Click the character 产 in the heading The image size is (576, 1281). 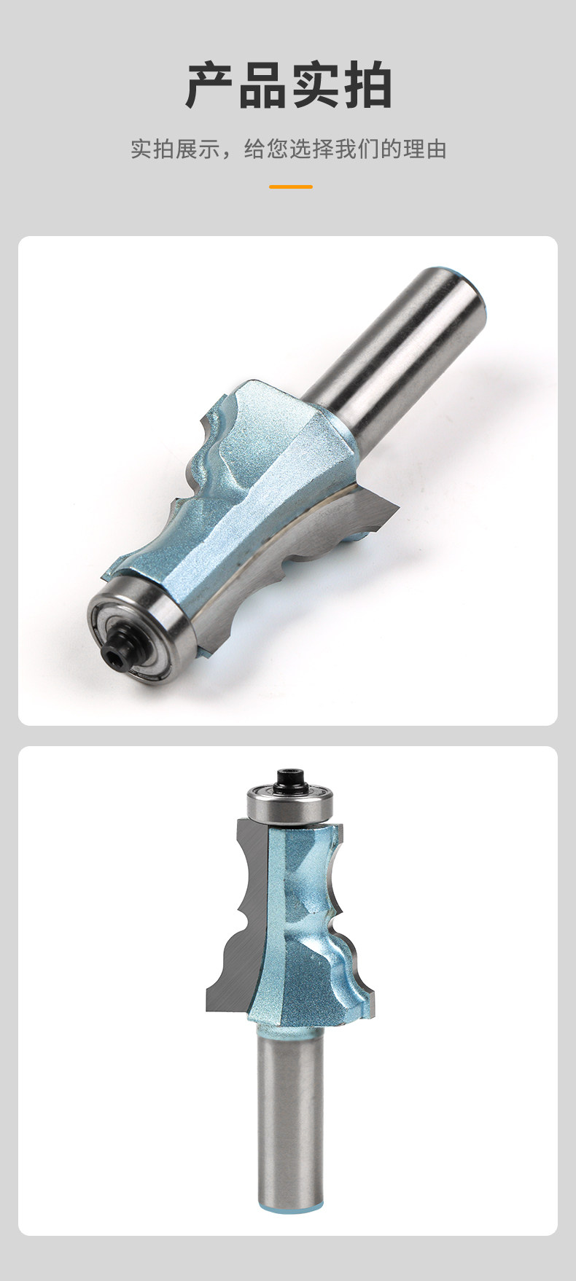point(210,86)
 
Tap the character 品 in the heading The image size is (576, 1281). point(262,86)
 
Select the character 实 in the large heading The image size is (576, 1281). point(315,86)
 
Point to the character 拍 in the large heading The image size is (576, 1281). point(367,86)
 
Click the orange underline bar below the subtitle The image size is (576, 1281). point(290,187)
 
